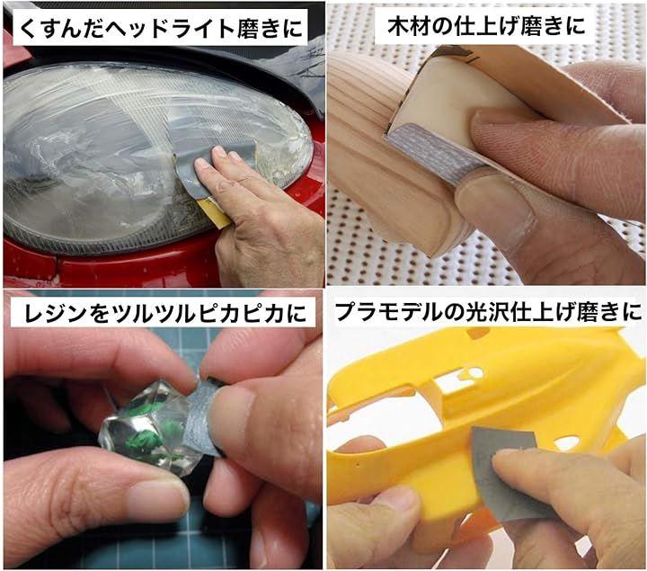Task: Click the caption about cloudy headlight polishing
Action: point(160,27)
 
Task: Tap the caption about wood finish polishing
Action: point(486,25)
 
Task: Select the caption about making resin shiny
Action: point(165,313)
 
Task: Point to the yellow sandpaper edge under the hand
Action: point(213,212)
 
